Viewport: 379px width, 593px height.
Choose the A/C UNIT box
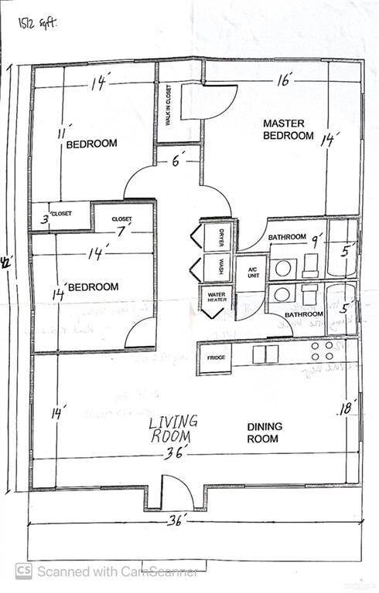(x=251, y=272)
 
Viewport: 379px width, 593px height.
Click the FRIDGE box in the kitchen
(x=216, y=358)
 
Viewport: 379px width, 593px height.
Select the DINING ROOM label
(x=265, y=432)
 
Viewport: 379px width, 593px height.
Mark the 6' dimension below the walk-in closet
(x=178, y=161)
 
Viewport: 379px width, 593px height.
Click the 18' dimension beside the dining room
(x=346, y=408)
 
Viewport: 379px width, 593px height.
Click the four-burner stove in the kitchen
(x=323, y=351)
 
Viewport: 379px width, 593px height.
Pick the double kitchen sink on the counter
(x=265, y=354)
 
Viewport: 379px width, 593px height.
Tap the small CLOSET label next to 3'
(x=60, y=213)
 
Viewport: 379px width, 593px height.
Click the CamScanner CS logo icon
(x=23, y=571)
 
